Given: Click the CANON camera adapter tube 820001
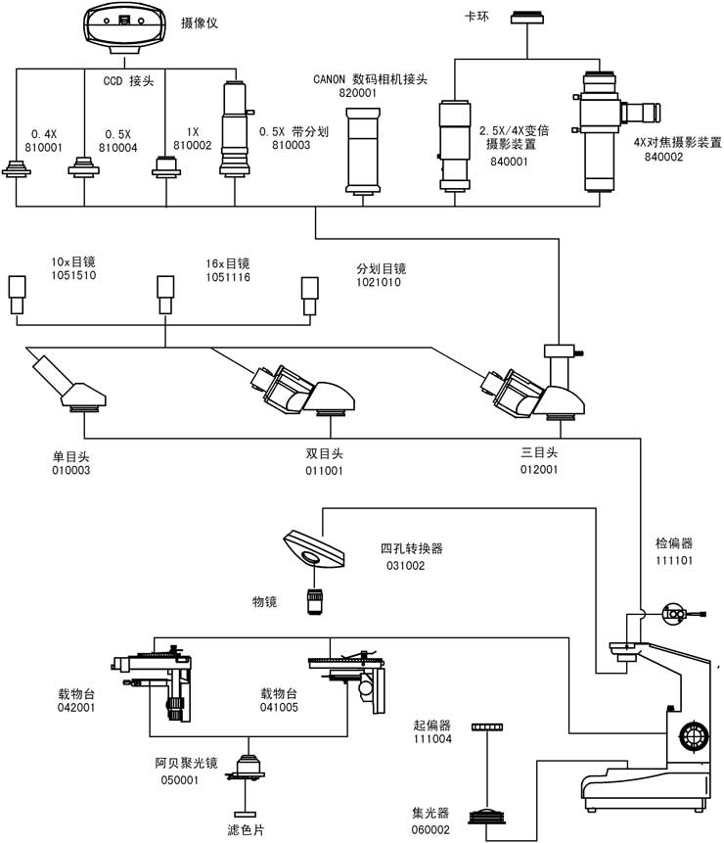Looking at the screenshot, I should pyautogui.click(x=366, y=152).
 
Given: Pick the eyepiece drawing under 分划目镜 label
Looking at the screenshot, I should pyautogui.click(x=309, y=293).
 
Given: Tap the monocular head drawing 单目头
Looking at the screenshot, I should pyautogui.click(x=69, y=385).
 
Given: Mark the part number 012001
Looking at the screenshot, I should pyautogui.click(x=538, y=470).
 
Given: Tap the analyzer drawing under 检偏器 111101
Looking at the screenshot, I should pyautogui.click(x=677, y=615).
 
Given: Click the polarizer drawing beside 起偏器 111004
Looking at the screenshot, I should pyautogui.click(x=486, y=727).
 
